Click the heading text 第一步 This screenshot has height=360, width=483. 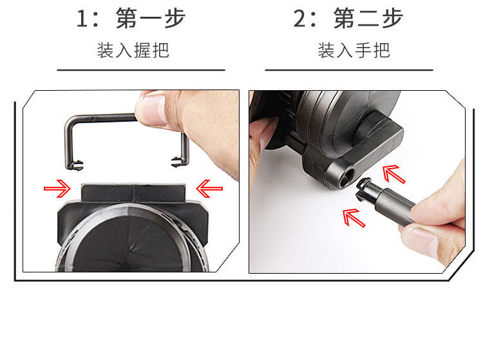(x=151, y=18)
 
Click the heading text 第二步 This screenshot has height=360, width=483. (x=368, y=18)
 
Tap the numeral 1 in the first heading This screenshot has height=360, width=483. (x=82, y=19)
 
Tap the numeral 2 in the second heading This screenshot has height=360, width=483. (x=300, y=19)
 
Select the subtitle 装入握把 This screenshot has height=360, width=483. (x=133, y=51)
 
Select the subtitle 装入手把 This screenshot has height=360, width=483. (x=354, y=51)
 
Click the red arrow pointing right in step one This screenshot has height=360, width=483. (x=57, y=189)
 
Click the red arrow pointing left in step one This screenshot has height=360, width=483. (x=209, y=189)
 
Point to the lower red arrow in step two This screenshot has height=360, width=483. (x=354, y=215)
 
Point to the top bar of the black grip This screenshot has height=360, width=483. (x=100, y=118)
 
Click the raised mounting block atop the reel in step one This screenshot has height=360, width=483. (x=134, y=191)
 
